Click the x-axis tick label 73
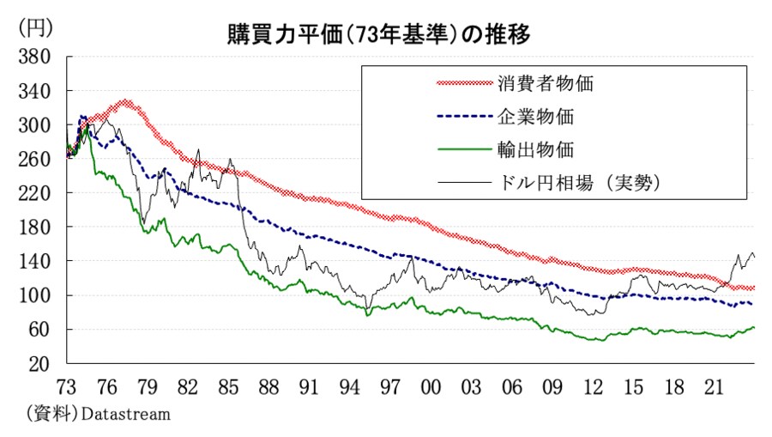tap(67, 386)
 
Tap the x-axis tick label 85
tap(229, 386)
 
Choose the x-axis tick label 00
tap(431, 386)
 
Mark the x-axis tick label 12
tap(593, 386)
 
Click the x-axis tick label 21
tap(714, 386)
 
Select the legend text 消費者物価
tap(546, 84)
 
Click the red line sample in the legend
tap(462, 84)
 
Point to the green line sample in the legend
tap(462, 149)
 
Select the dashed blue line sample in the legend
tap(462, 117)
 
